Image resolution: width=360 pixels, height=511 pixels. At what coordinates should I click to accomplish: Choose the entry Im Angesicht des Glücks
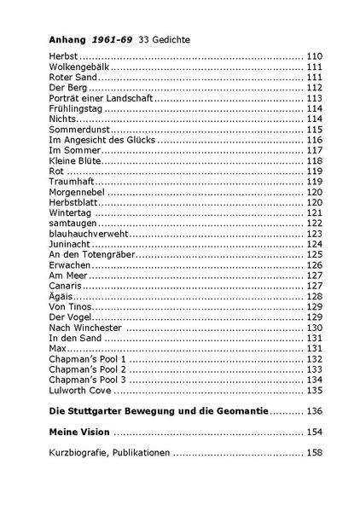coord(102,140)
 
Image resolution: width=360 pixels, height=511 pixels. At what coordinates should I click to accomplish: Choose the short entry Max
coord(58,348)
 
